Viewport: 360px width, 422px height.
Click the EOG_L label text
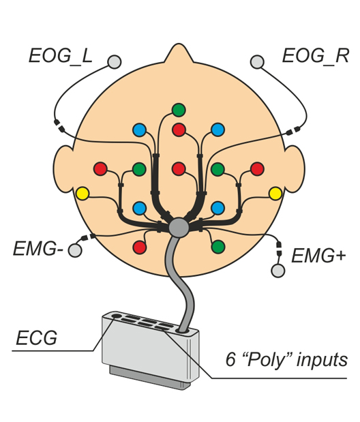(x=61, y=57)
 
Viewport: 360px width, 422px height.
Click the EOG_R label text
(x=315, y=56)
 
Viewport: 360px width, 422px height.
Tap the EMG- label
(x=38, y=249)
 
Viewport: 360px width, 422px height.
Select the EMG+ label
(x=318, y=256)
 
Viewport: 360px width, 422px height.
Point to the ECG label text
(x=37, y=337)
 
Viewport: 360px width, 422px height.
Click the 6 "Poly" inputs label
(x=286, y=359)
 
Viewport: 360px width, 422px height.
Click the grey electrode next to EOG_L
(x=115, y=62)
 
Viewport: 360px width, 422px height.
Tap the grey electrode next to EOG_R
(x=257, y=62)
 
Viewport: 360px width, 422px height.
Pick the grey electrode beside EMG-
(x=75, y=250)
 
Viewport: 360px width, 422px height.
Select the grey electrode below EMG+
(x=278, y=271)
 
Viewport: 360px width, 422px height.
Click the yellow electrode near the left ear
(x=82, y=194)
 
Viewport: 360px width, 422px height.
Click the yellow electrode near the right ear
(x=275, y=194)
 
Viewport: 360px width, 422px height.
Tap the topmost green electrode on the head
(x=179, y=110)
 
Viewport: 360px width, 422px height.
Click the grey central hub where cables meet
(x=179, y=228)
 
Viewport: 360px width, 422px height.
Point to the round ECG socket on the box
(x=116, y=316)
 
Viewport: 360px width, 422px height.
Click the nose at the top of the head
(x=179, y=54)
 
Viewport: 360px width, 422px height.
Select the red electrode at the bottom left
(x=140, y=247)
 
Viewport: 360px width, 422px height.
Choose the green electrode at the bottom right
(x=218, y=247)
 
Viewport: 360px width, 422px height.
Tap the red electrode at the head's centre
(x=179, y=169)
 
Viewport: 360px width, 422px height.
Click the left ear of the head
(x=63, y=169)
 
